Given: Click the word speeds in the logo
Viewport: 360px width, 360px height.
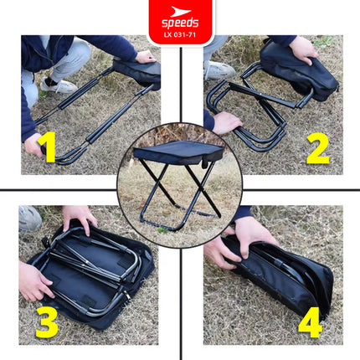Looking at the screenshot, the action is (x=180, y=23).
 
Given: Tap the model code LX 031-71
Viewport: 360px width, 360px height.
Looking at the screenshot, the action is (x=180, y=35).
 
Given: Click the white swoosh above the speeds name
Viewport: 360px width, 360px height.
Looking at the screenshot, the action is (x=180, y=12).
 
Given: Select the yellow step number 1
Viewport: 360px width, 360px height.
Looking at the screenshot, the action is (x=48, y=147).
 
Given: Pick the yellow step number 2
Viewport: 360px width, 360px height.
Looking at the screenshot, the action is (x=318, y=149).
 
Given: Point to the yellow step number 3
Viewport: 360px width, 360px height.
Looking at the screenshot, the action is (x=47, y=322).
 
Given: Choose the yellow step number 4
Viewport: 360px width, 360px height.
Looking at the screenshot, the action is (x=310, y=322).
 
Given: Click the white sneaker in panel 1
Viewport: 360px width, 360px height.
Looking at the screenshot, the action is (x=59, y=85).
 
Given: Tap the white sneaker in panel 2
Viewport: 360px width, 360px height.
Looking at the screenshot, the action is (x=219, y=70).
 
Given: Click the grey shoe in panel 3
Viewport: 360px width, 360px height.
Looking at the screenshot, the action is (x=29, y=219).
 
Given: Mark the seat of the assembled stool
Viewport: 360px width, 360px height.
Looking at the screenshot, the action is (x=178, y=152).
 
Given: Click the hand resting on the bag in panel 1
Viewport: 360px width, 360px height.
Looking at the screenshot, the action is (x=145, y=57).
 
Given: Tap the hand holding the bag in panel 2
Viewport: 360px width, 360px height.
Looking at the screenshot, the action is (x=303, y=49).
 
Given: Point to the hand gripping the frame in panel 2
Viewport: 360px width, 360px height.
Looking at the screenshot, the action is (x=227, y=122).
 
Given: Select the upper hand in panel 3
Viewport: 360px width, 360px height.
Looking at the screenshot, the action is (x=79, y=218).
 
